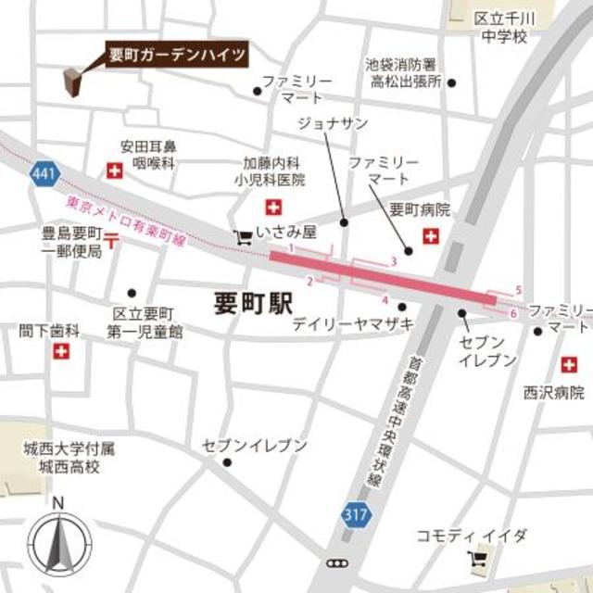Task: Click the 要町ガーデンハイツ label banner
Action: [177, 55]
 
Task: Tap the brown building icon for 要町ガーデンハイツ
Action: [72, 83]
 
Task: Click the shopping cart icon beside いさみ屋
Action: [242, 236]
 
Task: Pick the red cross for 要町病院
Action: [431, 237]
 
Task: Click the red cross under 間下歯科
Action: [61, 352]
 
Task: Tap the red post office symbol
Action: [112, 243]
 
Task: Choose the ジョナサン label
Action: [333, 123]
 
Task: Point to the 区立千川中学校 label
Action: [499, 28]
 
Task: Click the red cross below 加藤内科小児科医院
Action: [273, 206]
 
